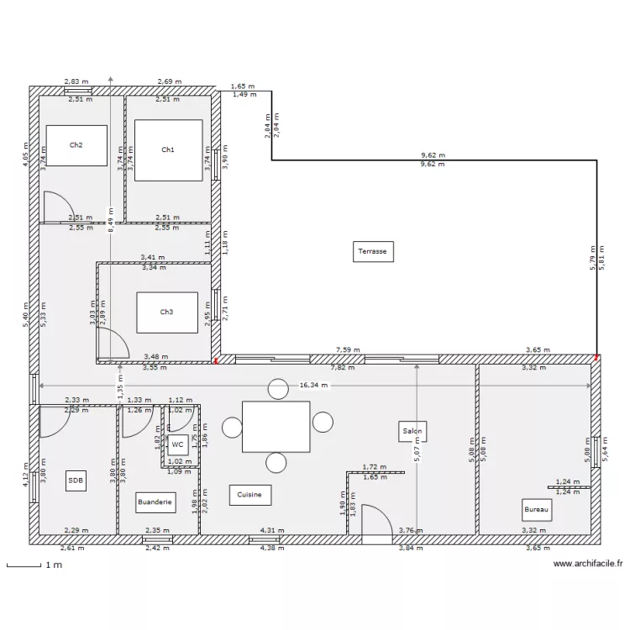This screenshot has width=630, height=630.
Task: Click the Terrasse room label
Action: click(x=373, y=250)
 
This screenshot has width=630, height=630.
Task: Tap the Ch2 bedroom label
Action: click(x=76, y=145)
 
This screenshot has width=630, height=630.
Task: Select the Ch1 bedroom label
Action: click(x=168, y=150)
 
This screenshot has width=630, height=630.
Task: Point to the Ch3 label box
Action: click(x=167, y=312)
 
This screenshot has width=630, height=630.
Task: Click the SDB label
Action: click(x=76, y=480)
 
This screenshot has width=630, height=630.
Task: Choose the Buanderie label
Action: click(x=155, y=502)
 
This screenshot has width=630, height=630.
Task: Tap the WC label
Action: click(x=177, y=445)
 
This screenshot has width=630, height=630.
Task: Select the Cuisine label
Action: click(x=249, y=496)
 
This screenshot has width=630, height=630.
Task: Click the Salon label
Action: click(x=412, y=432)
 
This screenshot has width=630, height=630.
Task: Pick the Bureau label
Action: click(x=537, y=509)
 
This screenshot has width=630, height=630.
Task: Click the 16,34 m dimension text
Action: click(x=315, y=386)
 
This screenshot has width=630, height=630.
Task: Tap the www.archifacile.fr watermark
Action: click(x=588, y=564)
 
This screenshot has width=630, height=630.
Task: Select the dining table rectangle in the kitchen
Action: click(x=276, y=426)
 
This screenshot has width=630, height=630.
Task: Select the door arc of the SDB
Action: click(x=54, y=421)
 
